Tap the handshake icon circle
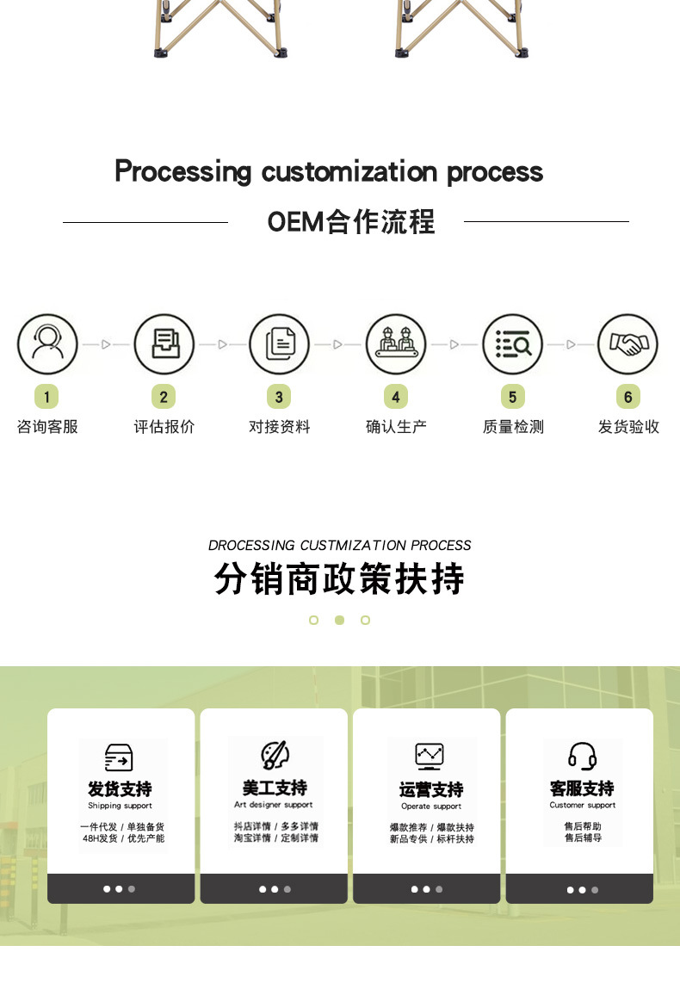(628, 344)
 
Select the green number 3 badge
(279, 397)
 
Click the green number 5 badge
(512, 397)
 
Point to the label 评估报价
(164, 427)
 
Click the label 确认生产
(396, 427)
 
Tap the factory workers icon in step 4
(396, 344)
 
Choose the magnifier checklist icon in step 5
(512, 344)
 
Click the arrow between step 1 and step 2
(106, 344)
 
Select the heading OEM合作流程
(351, 222)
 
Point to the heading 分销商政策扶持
(339, 579)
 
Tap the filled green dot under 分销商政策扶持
(339, 620)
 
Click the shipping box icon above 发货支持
(120, 757)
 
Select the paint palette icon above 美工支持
(275, 756)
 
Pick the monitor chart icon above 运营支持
(429, 757)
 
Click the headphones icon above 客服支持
(583, 757)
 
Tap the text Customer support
(583, 806)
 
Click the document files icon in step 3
(279, 344)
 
